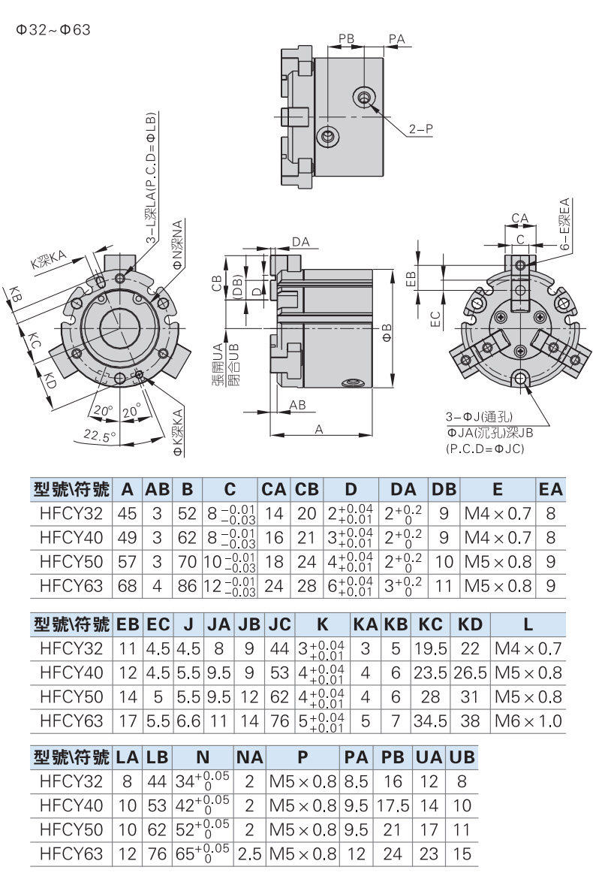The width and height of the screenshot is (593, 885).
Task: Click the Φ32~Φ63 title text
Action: [53, 29]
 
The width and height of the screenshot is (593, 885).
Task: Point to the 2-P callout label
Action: [421, 128]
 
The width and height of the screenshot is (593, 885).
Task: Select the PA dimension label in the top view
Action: [397, 38]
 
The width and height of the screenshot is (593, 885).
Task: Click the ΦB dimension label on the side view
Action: [387, 333]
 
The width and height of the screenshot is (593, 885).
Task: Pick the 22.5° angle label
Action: [99, 435]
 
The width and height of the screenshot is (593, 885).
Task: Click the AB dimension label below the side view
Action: [298, 405]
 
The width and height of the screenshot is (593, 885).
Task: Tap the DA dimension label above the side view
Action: [301, 242]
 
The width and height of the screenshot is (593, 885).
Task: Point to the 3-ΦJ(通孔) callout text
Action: [479, 416]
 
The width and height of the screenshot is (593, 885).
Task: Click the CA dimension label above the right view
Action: [519, 218]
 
